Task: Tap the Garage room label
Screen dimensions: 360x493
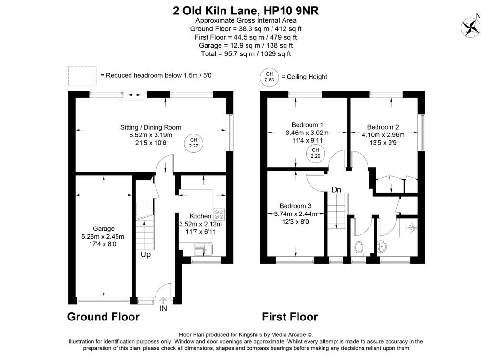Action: point(104,229)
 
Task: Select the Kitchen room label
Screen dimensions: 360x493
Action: point(200,216)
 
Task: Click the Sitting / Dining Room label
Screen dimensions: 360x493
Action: point(150,127)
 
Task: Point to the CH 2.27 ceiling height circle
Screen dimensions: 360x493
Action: point(193,143)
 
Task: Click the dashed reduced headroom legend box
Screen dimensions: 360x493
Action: point(82,76)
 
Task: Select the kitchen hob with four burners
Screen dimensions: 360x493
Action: point(219,214)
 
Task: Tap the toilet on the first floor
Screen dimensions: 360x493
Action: point(359,248)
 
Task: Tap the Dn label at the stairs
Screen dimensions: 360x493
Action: point(337,190)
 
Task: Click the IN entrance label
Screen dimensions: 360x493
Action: point(163,308)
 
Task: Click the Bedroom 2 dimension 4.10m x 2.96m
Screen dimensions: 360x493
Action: point(383,135)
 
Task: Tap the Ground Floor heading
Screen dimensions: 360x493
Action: point(103,317)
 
